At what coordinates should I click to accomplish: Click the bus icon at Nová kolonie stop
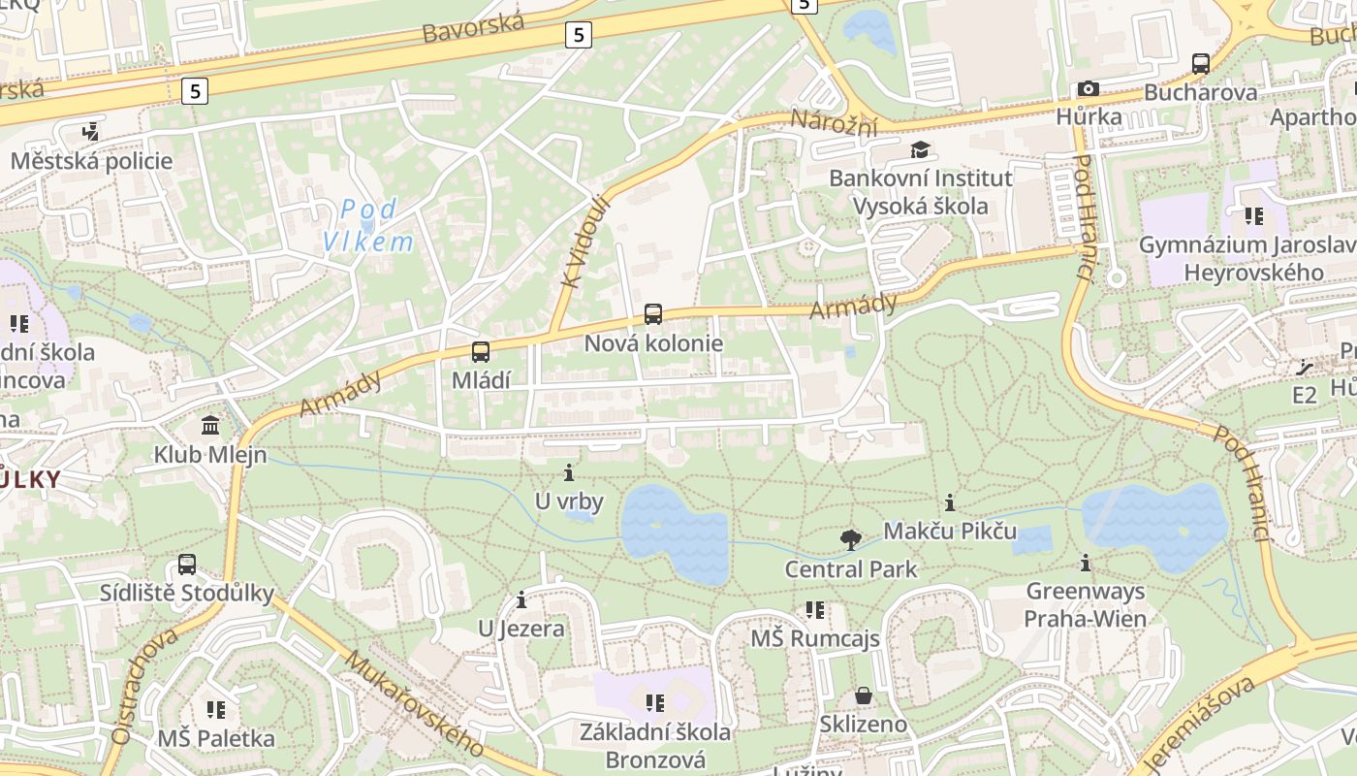[653, 314]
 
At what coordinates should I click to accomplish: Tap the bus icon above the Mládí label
[481, 352]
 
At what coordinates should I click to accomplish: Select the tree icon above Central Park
[851, 540]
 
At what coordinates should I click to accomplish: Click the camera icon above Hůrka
[1089, 89]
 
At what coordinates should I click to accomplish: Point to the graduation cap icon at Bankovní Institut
[919, 150]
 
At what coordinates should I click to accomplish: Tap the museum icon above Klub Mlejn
[210, 425]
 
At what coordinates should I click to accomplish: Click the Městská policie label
[91, 161]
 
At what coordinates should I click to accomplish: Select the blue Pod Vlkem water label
[368, 225]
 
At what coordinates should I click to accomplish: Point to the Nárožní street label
[834, 123]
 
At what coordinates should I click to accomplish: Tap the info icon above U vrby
[569, 473]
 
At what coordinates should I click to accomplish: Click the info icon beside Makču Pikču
[950, 502]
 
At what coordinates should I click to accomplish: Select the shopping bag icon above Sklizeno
[863, 695]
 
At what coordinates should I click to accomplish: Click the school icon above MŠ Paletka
[216, 710]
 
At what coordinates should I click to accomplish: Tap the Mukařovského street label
[414, 702]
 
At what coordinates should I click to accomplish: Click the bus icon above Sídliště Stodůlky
[187, 565]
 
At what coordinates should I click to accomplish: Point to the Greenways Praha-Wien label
[1085, 604]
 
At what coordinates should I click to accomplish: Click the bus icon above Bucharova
[1201, 64]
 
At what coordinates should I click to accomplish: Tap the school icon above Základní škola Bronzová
[655, 702]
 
